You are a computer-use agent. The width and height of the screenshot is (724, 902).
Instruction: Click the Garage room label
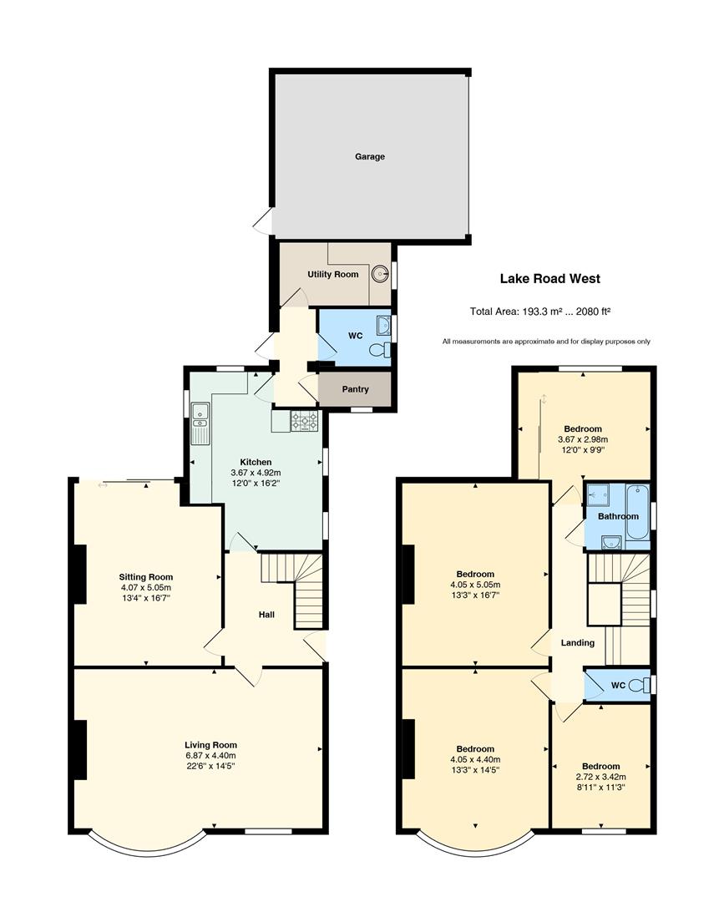click(369, 156)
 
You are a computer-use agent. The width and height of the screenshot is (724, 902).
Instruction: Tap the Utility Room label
click(333, 275)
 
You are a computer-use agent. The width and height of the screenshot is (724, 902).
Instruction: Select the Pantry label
click(356, 389)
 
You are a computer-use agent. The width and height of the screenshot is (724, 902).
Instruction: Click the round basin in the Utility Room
click(380, 274)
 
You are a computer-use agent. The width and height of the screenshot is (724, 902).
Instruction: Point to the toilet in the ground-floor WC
click(380, 350)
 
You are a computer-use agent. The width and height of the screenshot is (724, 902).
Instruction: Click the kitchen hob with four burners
click(304, 421)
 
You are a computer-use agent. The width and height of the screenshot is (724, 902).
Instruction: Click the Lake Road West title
click(549, 279)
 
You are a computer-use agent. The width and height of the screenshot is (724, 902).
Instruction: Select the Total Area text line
click(540, 312)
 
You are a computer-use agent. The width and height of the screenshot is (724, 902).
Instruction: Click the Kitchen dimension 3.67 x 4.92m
click(256, 473)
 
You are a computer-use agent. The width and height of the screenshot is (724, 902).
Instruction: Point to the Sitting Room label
click(146, 577)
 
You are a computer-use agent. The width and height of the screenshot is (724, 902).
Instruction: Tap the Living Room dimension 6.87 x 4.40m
click(210, 755)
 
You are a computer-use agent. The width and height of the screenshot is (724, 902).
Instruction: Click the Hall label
click(266, 615)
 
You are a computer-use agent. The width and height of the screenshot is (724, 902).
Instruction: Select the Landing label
click(577, 643)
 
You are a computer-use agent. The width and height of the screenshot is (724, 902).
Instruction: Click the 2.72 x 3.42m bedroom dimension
click(601, 777)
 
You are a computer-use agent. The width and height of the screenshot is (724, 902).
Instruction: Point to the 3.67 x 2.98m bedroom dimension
click(583, 439)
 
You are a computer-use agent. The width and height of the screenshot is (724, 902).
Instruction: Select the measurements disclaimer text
click(546, 342)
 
